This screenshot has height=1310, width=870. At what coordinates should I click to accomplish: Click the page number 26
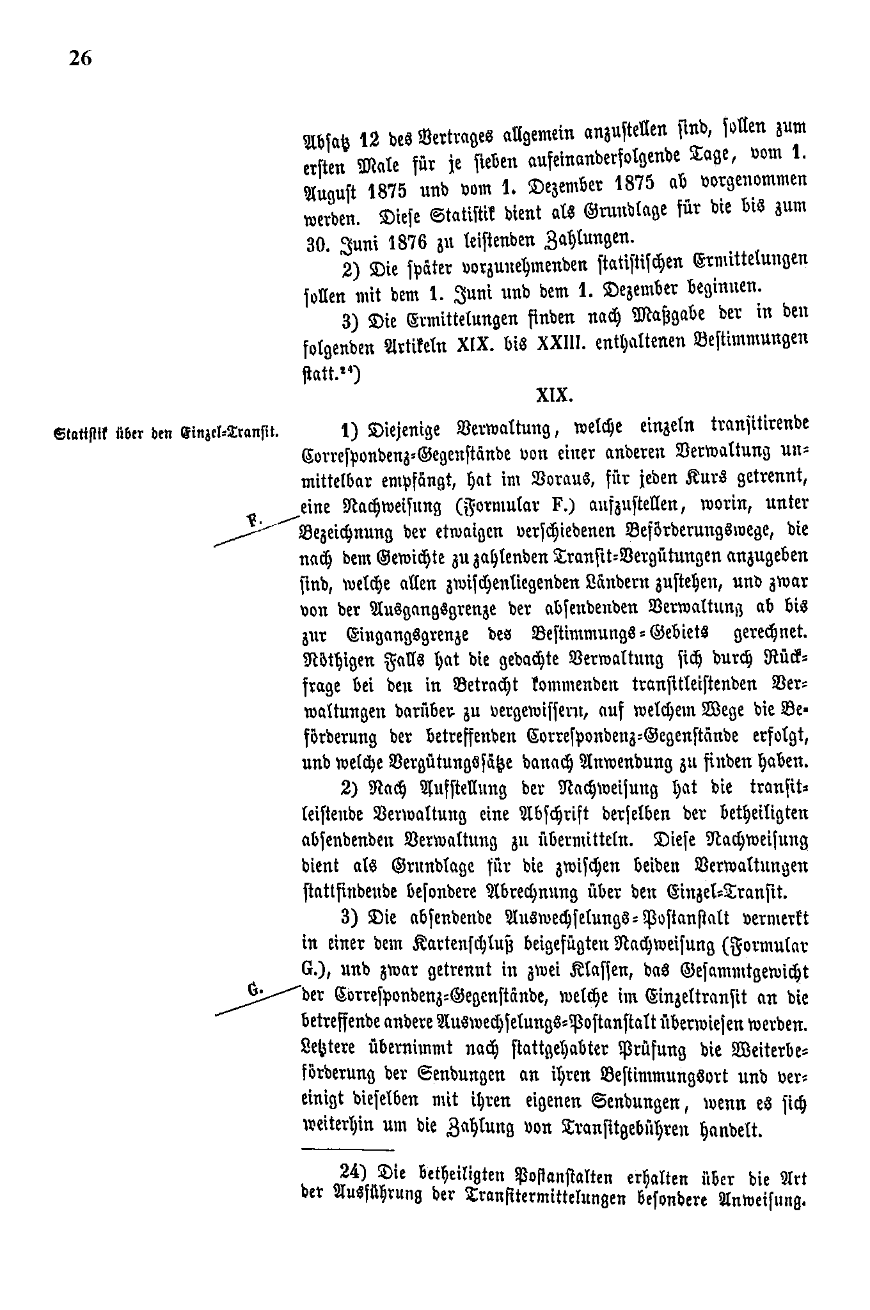[81, 58]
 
